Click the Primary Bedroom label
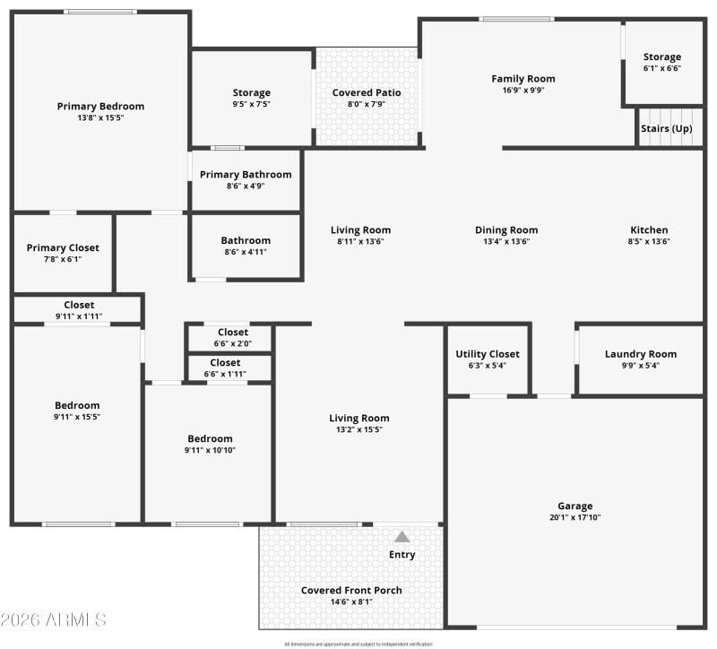[100, 107]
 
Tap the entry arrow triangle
[402, 537]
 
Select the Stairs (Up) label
[667, 128]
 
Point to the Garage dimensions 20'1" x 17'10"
[574, 517]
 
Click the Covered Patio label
[367, 92]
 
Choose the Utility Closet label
[487, 354]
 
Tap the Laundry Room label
[640, 354]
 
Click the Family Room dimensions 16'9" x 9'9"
[523, 90]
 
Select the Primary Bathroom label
[246, 175]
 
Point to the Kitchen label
[649, 230]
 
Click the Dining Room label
[506, 230]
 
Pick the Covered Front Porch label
[351, 591]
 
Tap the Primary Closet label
[63, 248]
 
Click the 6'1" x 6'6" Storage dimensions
[661, 68]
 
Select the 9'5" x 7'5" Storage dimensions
[251, 104]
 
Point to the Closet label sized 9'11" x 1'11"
[79, 306]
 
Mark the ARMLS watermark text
[54, 619]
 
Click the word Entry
[402, 555]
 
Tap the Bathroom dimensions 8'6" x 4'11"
[246, 252]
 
